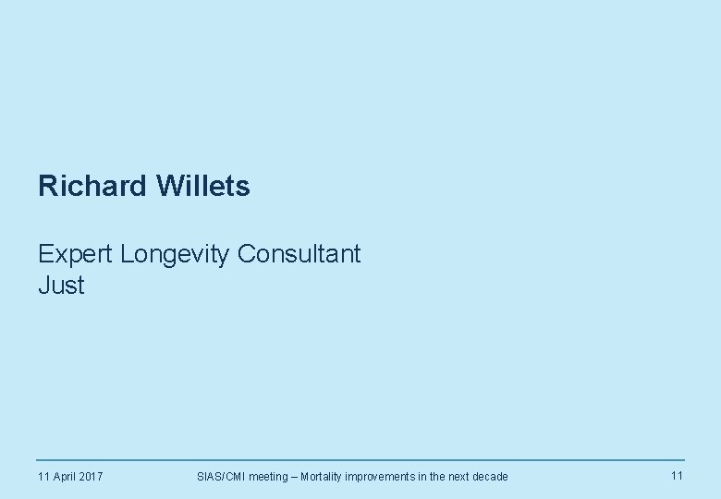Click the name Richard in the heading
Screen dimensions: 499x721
(93, 187)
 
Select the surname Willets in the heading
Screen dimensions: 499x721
(203, 187)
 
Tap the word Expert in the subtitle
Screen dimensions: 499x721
(76, 254)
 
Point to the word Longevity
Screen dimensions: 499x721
(176, 254)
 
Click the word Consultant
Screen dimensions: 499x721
(299, 254)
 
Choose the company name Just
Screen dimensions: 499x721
(61, 286)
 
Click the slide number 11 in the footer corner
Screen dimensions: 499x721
(677, 476)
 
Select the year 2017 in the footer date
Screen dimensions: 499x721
(91, 477)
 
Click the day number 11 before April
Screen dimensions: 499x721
(43, 477)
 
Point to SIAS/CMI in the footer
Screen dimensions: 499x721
(222, 477)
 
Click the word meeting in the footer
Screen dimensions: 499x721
(269, 477)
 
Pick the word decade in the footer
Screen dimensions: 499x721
(489, 477)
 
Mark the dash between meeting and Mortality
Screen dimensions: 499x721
(294, 477)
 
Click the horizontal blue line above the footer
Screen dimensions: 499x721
(360, 460)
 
